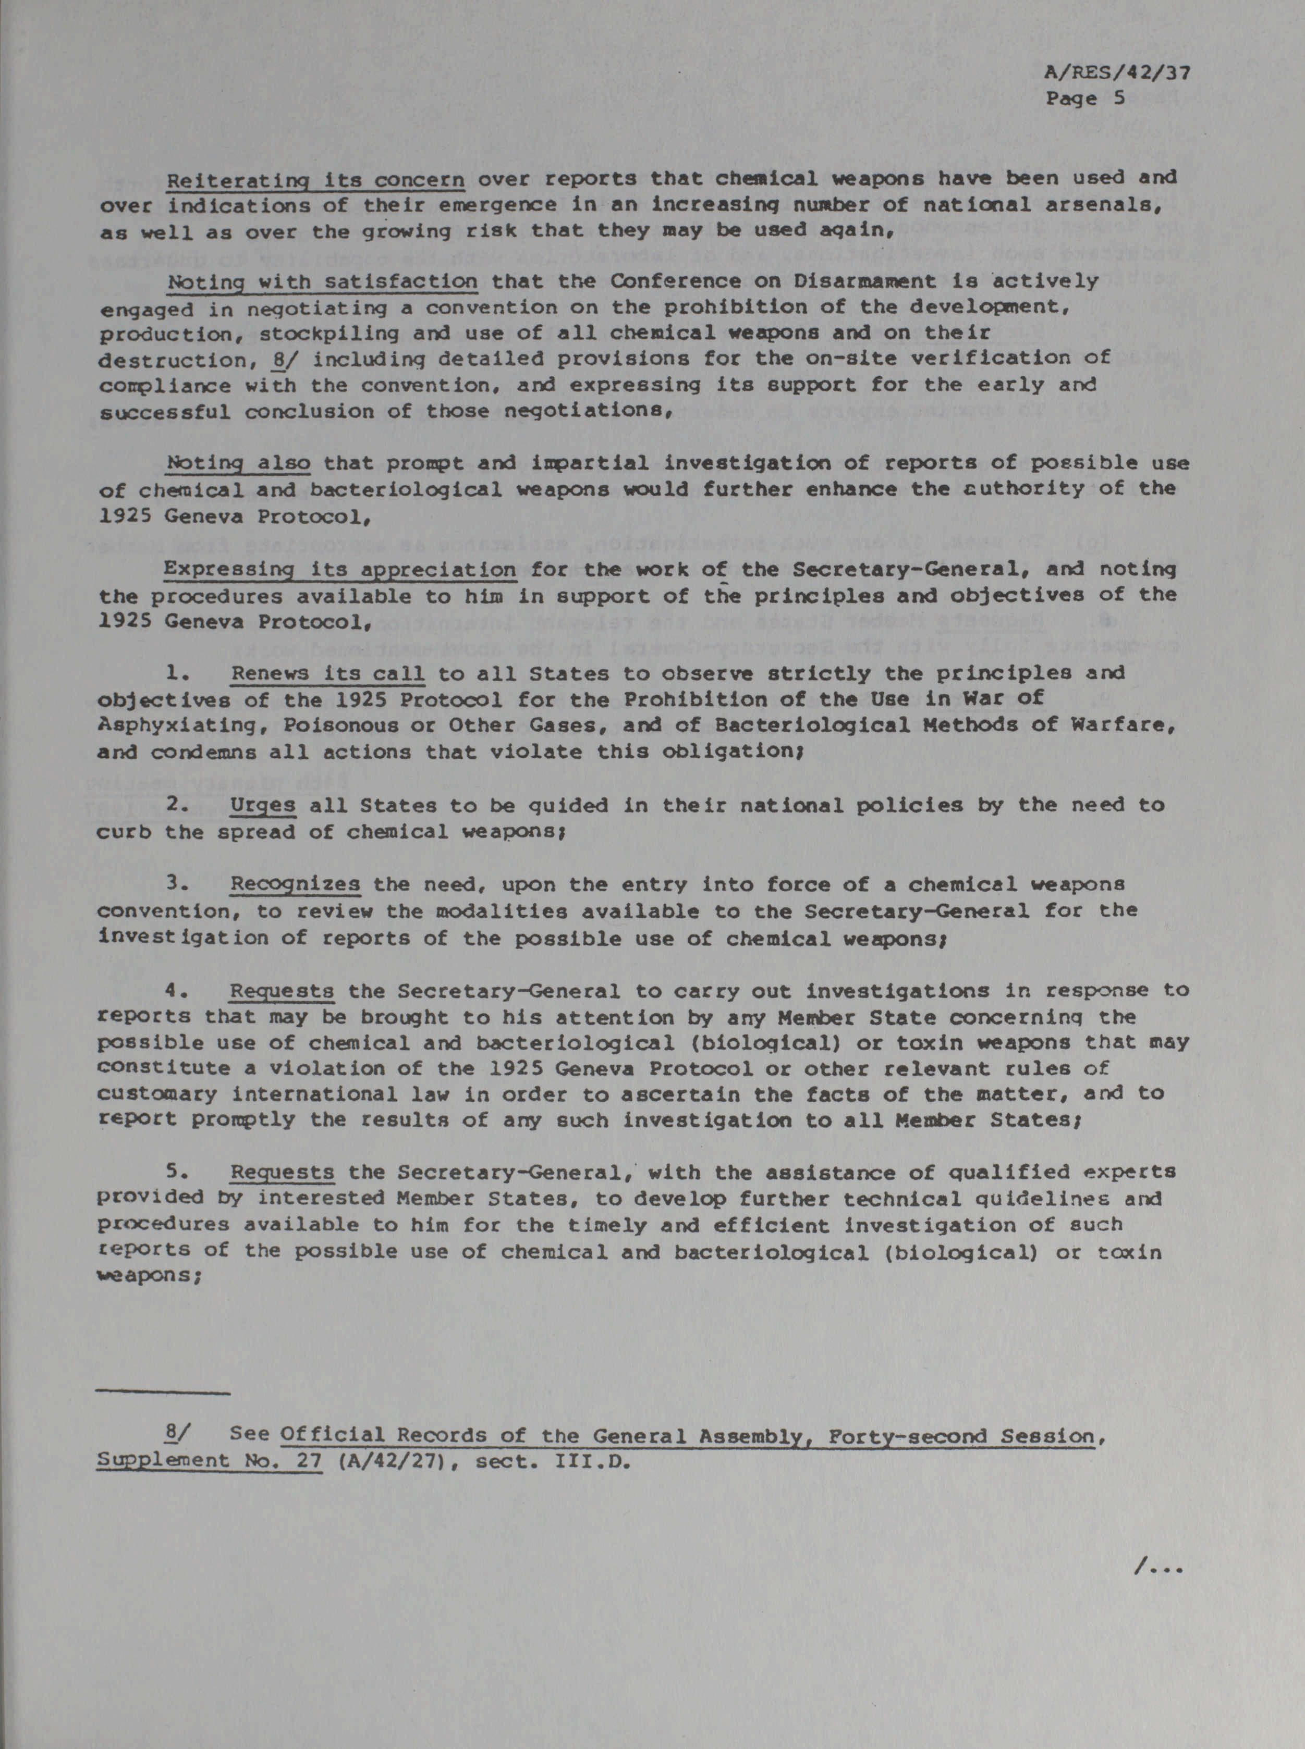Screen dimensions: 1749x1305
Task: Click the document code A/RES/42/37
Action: (1116, 73)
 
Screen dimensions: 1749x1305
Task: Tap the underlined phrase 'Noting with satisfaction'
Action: (322, 281)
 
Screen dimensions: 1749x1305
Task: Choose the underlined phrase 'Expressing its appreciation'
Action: (340, 569)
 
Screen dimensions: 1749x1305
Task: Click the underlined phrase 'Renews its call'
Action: (327, 673)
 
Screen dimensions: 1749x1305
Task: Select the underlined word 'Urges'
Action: (263, 805)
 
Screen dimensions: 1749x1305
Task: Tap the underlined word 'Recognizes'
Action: (296, 884)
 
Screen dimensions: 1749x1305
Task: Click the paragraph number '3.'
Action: (176, 884)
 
